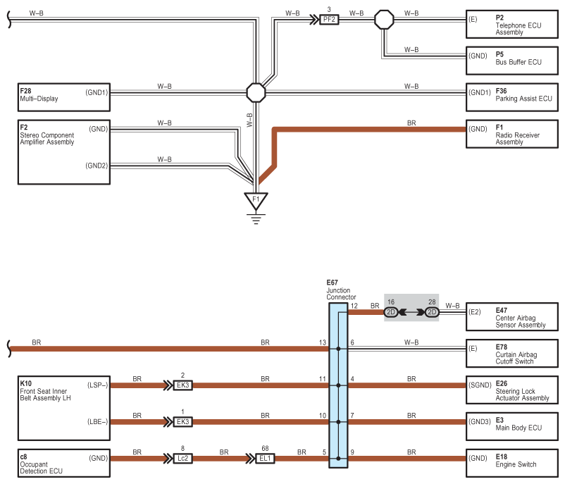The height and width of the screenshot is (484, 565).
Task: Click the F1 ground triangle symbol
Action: [256, 201]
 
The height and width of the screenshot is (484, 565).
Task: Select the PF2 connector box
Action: [329, 20]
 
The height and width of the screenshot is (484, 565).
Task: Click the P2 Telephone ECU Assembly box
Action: [512, 25]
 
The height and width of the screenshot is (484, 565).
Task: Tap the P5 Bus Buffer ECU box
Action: [512, 61]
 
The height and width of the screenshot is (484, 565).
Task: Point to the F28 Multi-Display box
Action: [64, 97]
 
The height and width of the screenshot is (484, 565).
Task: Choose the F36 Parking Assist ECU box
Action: [512, 97]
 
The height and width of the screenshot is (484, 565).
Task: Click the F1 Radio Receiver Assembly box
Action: [512, 134]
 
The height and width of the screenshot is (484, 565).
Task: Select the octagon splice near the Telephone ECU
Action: [384, 20]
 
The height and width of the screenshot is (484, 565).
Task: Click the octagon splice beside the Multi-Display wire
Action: [256, 92]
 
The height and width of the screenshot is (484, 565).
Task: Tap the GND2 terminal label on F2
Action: [97, 166]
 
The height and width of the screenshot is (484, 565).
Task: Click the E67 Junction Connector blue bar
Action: [338, 385]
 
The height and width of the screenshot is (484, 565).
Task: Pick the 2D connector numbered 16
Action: [391, 311]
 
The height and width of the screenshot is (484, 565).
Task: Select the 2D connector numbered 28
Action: [432, 311]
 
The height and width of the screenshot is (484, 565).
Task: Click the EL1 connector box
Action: [265, 459]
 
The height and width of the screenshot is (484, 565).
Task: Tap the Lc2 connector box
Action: [182, 459]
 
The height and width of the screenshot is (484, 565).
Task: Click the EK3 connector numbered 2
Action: [182, 385]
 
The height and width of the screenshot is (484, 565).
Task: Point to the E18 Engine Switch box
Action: [512, 463]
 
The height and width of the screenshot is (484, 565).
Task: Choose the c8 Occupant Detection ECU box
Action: [64, 463]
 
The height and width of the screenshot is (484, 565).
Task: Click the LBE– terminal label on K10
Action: [98, 422]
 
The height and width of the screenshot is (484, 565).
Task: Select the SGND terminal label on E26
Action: [480, 385]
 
